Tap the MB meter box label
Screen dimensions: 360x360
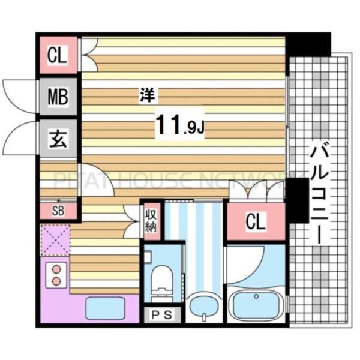click(x=58, y=96)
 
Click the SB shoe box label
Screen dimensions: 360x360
click(x=58, y=211)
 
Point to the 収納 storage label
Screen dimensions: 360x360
click(x=150, y=220)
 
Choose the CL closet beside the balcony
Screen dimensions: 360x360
click(x=254, y=221)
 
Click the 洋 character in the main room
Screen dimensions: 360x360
click(x=147, y=94)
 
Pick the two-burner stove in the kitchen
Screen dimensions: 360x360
click(x=56, y=275)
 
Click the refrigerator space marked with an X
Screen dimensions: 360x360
click(x=55, y=239)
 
